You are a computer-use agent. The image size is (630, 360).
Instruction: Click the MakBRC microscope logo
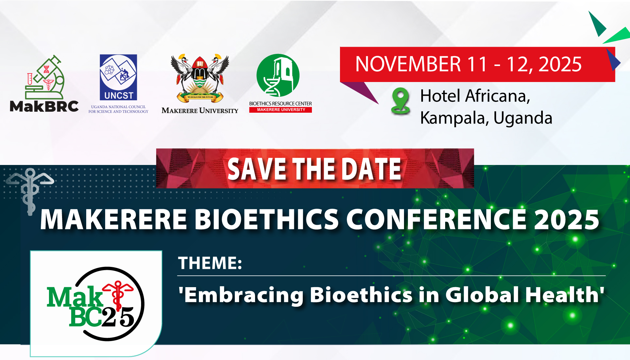coord(45,77)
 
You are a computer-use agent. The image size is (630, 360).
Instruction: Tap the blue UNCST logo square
coord(118,77)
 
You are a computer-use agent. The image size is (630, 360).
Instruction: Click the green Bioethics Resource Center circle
coord(278,75)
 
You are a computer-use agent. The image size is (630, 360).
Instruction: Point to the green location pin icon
coord(400,101)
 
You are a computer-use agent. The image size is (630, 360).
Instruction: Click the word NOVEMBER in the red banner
coord(408,64)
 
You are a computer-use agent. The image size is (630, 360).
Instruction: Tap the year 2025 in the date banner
coord(560,64)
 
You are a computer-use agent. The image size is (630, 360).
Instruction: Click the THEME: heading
coord(210,263)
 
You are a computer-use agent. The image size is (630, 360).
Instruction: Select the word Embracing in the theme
coord(241,295)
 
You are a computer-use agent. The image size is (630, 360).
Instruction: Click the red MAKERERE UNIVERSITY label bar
coord(281,110)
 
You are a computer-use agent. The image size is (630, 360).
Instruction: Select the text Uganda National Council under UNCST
coord(118,107)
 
